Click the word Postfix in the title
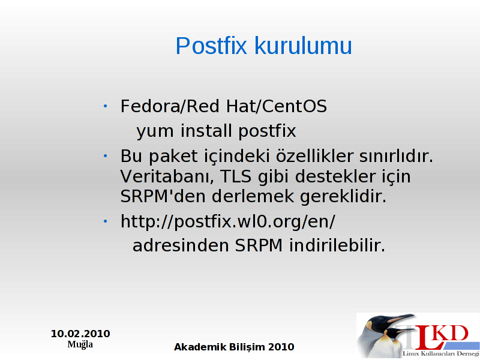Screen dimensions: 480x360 tap(211, 46)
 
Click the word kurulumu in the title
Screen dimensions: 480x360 tap(304, 46)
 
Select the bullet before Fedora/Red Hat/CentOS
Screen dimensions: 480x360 tap(106, 106)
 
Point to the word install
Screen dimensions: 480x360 tap(206, 130)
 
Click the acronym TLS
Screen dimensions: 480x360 tap(236, 176)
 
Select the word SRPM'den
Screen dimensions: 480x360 tap(163, 196)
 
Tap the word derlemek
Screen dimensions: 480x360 tap(253, 196)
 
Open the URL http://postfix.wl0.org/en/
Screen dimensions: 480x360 tap(228, 221)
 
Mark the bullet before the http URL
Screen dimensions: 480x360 tap(106, 221)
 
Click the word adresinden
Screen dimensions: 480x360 tap(181, 245)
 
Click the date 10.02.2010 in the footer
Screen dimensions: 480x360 tap(80, 334)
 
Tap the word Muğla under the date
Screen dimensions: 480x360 tap(80, 344)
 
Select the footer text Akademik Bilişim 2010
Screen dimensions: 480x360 tap(234, 347)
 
